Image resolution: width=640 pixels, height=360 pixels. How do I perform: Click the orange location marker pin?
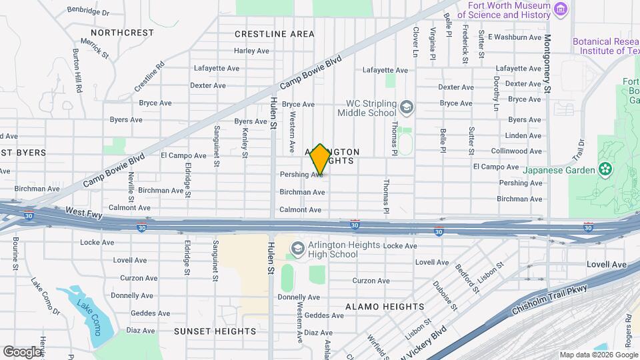[320, 159]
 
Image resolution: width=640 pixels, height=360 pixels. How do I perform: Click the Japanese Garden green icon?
[605, 169]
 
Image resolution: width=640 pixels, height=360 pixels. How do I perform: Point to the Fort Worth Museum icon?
[561, 10]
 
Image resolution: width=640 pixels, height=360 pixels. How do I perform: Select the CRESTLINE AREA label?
[275, 34]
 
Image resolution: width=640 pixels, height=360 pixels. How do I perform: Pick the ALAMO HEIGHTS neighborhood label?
[384, 307]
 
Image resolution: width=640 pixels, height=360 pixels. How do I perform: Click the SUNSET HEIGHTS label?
[207, 331]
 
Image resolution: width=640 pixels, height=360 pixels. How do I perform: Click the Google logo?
[22, 351]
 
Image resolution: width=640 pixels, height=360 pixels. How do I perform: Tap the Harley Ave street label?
[251, 51]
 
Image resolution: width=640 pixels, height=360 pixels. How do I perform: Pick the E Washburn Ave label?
[515, 37]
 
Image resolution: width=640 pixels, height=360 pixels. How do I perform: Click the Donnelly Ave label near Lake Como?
[131, 295]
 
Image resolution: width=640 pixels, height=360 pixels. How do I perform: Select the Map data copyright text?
[598, 354]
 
